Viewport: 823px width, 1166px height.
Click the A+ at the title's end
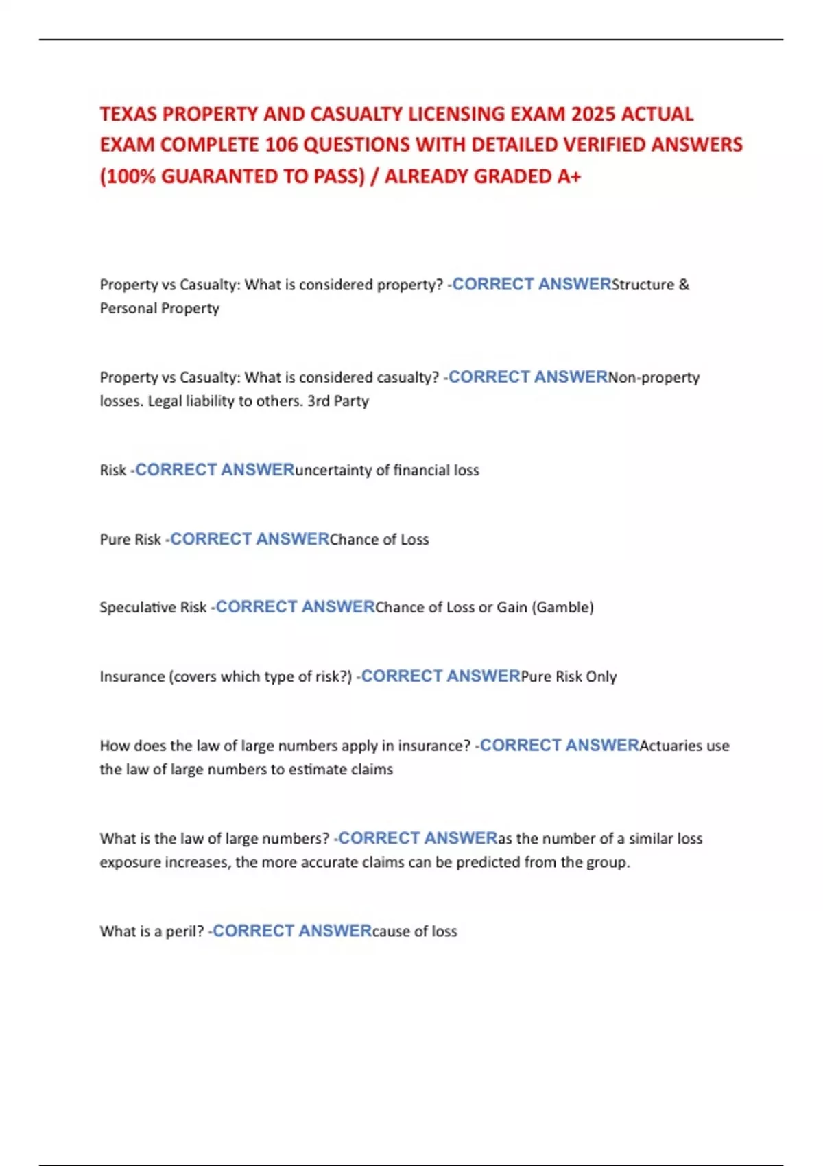[569, 177]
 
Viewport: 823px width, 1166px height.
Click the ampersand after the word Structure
[683, 285]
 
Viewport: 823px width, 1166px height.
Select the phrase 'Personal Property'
[160, 309]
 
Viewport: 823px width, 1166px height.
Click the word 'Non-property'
[654, 377]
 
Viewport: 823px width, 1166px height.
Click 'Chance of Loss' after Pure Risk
[379, 540]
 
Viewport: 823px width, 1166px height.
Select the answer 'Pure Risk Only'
[569, 677]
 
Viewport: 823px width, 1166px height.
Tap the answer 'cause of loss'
[414, 931]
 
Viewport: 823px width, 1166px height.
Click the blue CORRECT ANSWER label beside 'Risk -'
[215, 471]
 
